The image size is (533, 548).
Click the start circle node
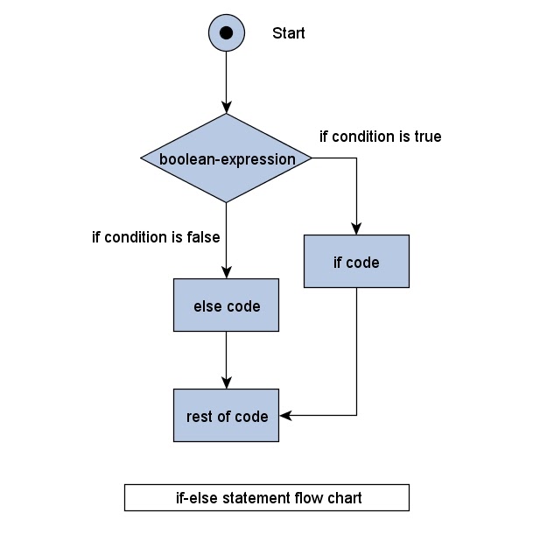pyautogui.click(x=226, y=33)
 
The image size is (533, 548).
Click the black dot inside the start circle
pyautogui.click(x=226, y=33)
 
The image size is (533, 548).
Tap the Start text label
pyautogui.click(x=289, y=33)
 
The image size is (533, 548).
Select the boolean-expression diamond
pyautogui.click(x=227, y=158)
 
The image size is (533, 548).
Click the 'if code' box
pyautogui.click(x=356, y=261)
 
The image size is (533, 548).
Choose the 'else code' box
pyautogui.click(x=226, y=306)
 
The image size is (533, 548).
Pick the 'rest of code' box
pyautogui.click(x=226, y=416)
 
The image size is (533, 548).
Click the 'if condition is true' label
pyautogui.click(x=380, y=137)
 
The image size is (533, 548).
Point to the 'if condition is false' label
pyautogui.click(x=156, y=237)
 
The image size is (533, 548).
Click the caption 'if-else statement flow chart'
pyautogui.click(x=267, y=498)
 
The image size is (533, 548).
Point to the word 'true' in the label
pyautogui.click(x=427, y=137)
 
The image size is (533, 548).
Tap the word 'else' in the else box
pyautogui.click(x=207, y=306)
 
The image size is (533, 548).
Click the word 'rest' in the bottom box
pyautogui.click(x=200, y=417)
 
